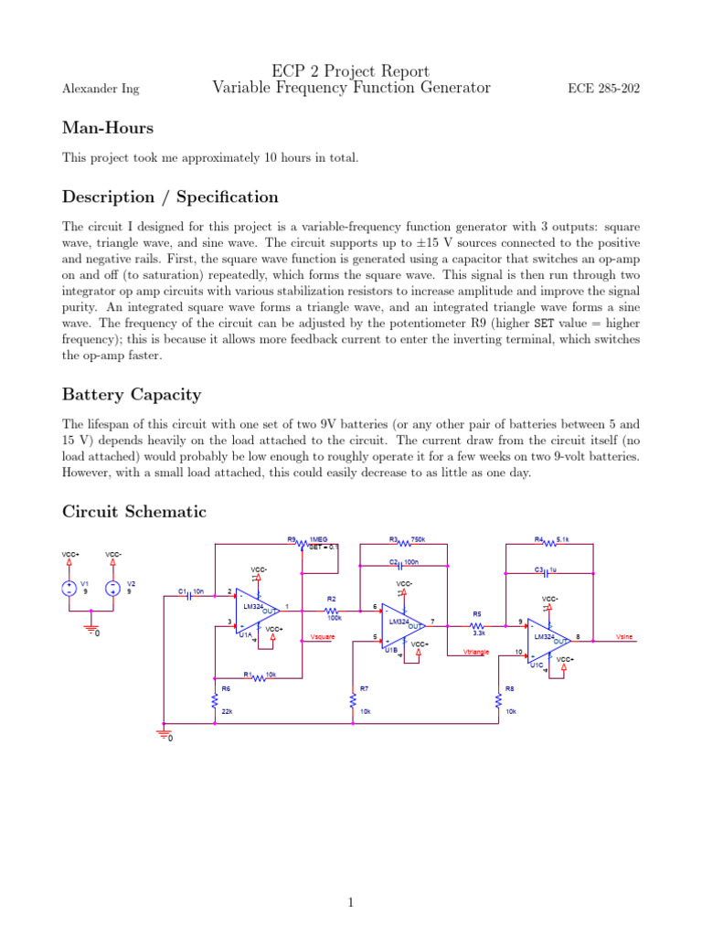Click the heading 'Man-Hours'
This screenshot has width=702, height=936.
[108, 128]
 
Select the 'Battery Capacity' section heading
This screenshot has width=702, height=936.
[132, 395]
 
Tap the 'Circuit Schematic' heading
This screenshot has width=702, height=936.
[134, 512]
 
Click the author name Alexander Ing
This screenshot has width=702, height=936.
[101, 89]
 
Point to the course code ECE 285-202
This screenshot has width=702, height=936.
[604, 89]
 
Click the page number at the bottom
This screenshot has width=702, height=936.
[350, 903]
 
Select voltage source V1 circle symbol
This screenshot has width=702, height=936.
[69, 588]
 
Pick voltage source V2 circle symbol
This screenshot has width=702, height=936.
[112, 588]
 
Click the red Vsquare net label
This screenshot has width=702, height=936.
[323, 636]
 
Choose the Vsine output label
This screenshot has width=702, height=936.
[625, 636]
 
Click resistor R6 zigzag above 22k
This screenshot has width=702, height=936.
[214, 702]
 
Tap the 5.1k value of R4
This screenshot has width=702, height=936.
[563, 540]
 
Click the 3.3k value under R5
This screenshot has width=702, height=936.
[478, 633]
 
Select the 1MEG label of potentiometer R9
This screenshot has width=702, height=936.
[319, 540]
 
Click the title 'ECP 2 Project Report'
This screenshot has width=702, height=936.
[351, 71]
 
